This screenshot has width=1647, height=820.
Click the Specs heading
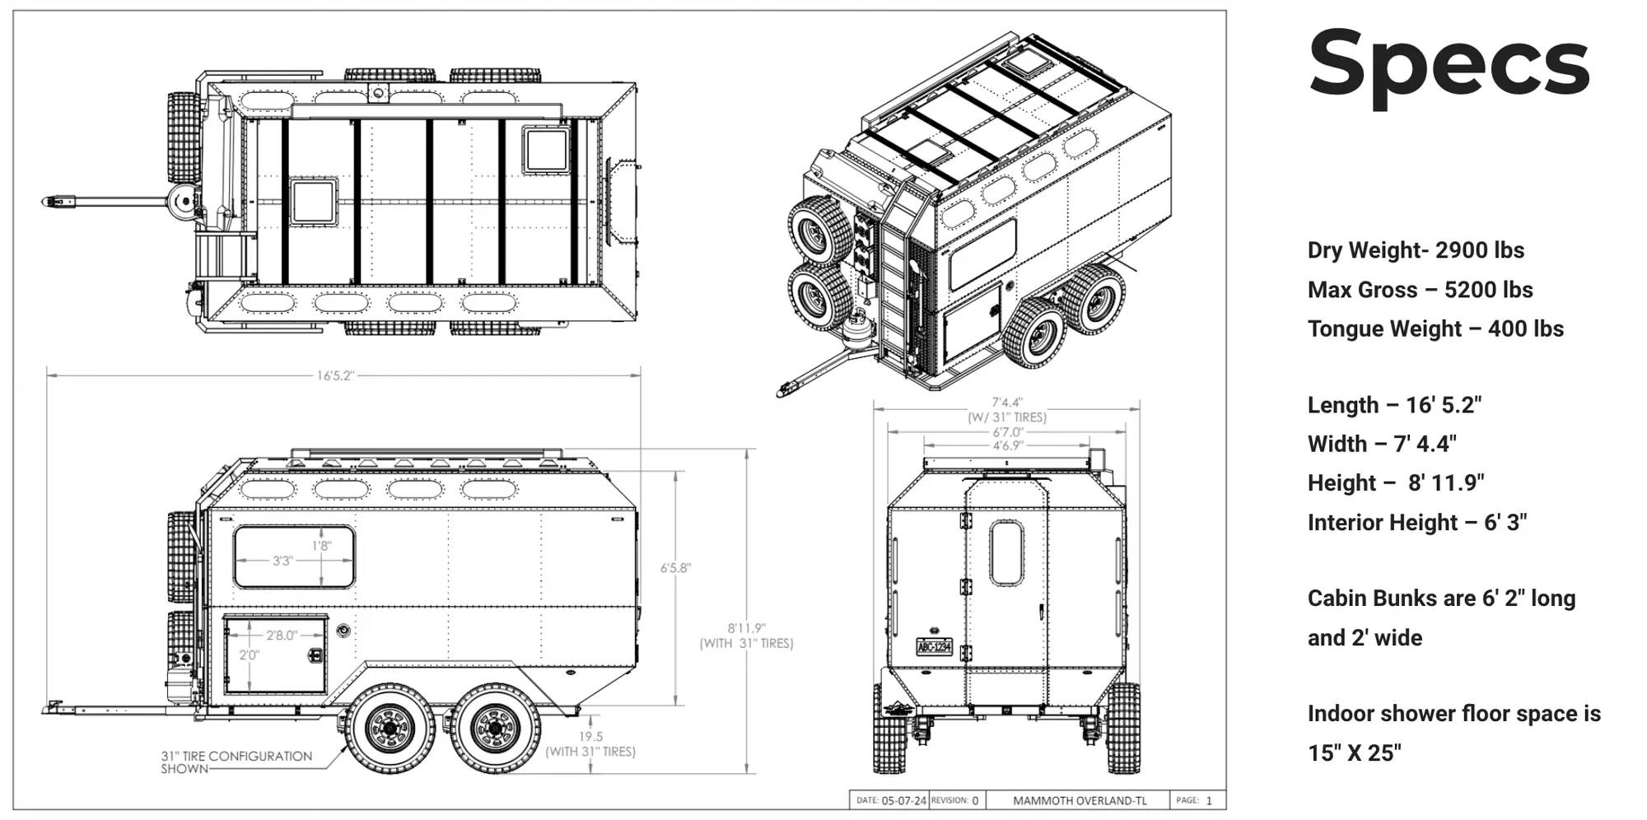(x=1449, y=65)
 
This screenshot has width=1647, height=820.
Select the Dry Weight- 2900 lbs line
(x=1416, y=250)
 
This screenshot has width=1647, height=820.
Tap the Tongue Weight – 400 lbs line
(x=1435, y=328)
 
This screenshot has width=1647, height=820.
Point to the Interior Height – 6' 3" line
(x=1416, y=522)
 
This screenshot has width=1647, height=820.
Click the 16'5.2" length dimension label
(x=335, y=375)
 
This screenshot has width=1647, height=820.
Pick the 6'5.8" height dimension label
(x=675, y=568)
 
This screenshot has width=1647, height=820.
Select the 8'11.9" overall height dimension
(x=746, y=628)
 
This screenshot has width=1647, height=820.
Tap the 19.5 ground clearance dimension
(x=590, y=737)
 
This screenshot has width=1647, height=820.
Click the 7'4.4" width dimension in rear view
(x=1006, y=403)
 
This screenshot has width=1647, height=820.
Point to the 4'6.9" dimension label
(x=1006, y=445)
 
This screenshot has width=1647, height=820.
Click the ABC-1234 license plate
(x=935, y=646)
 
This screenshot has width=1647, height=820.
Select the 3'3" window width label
(x=282, y=561)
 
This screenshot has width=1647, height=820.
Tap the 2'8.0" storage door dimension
(x=282, y=635)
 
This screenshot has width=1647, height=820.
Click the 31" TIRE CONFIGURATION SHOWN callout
(x=236, y=762)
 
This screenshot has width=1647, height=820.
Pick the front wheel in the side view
(x=390, y=729)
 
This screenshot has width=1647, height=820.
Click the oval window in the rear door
(x=1006, y=552)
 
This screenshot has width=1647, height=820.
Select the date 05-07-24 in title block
(x=903, y=800)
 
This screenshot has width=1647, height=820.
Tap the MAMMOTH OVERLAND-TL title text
(x=1079, y=800)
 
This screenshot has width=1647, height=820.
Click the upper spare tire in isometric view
(x=820, y=231)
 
